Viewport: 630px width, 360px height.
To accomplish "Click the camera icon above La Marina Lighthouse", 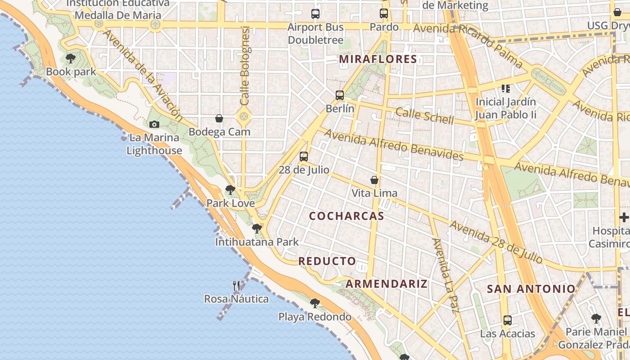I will coord(154,124).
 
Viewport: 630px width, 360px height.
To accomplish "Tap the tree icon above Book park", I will coord(70,58).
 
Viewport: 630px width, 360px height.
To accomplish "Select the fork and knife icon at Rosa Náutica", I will coord(236,285).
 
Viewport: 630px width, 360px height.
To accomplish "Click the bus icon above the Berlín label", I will coord(340,95).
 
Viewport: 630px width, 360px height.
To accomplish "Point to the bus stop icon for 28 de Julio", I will coord(304,157).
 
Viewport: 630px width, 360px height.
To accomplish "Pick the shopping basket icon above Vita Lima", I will coord(374,180).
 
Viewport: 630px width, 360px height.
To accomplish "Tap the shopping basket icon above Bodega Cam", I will coord(219,118).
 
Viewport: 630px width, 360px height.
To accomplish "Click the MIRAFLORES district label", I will coord(378,59).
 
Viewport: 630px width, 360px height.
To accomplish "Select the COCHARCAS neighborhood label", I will coord(346,216).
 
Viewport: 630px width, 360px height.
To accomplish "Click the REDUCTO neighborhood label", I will coord(327,261).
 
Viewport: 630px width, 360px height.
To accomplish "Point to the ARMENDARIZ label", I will coord(387,284).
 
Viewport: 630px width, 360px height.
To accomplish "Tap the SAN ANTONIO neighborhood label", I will coord(531,289).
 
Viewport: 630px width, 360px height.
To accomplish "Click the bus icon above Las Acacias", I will coord(508,320).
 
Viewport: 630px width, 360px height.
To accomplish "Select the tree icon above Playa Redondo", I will coord(315,303).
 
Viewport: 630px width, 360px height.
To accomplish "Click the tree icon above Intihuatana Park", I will coord(257,229).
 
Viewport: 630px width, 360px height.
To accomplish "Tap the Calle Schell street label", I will coord(425,115).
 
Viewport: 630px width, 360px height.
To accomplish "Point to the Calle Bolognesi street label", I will coord(245,66).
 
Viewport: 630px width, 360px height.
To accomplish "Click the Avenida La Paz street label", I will coord(445,275).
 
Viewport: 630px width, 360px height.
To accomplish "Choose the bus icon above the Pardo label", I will coord(384,13).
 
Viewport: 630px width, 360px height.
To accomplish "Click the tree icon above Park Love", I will coord(230,190).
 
